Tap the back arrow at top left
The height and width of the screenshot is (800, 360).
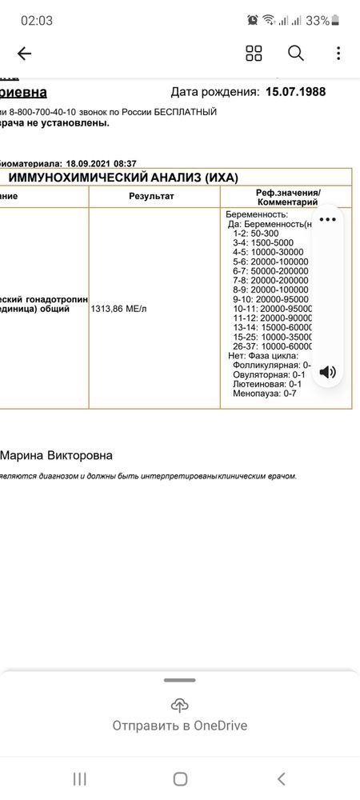[24, 54]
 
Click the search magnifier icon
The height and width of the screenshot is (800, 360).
[296, 54]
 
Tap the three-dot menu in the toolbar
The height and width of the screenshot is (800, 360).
[339, 54]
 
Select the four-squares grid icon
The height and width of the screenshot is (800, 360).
[254, 54]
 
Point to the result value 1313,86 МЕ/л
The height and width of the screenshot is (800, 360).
[118, 308]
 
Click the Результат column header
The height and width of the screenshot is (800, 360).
[151, 196]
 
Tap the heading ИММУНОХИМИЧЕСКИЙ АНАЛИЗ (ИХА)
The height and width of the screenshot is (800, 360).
[123, 178]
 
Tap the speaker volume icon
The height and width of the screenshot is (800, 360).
[327, 372]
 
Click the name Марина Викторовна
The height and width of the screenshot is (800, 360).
[56, 455]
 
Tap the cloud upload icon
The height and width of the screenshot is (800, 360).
[180, 705]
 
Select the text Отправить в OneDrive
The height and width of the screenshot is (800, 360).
[180, 726]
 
